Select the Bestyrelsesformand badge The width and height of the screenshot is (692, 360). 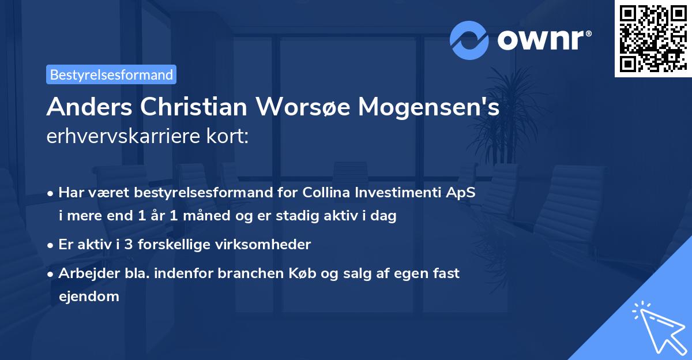pos(111,74)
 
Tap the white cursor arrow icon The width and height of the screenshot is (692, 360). pos(657,326)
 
